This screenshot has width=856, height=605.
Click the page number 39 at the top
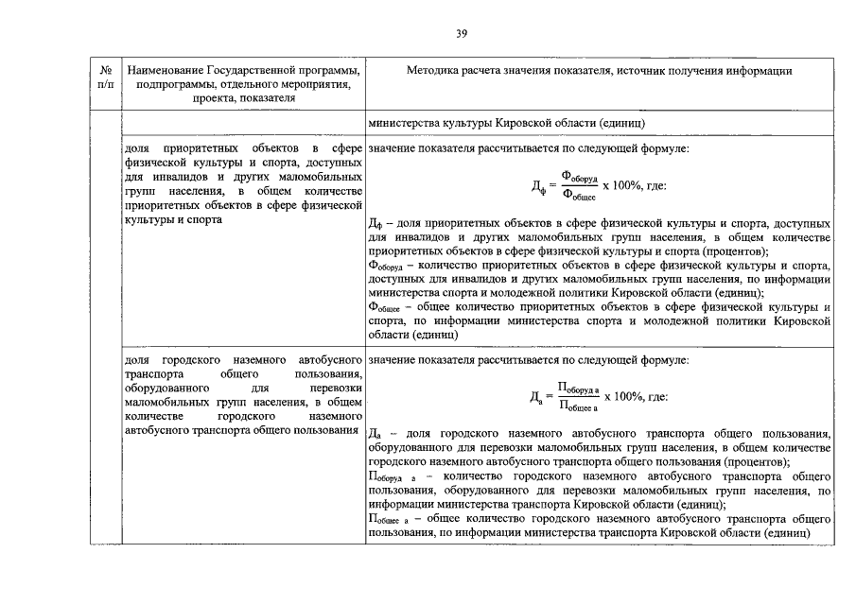[461, 35]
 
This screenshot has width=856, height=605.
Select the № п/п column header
[104, 78]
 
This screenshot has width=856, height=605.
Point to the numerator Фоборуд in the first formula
[580, 176]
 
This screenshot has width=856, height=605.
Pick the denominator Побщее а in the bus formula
[579, 406]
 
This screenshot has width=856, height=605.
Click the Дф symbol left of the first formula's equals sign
[539, 186]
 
